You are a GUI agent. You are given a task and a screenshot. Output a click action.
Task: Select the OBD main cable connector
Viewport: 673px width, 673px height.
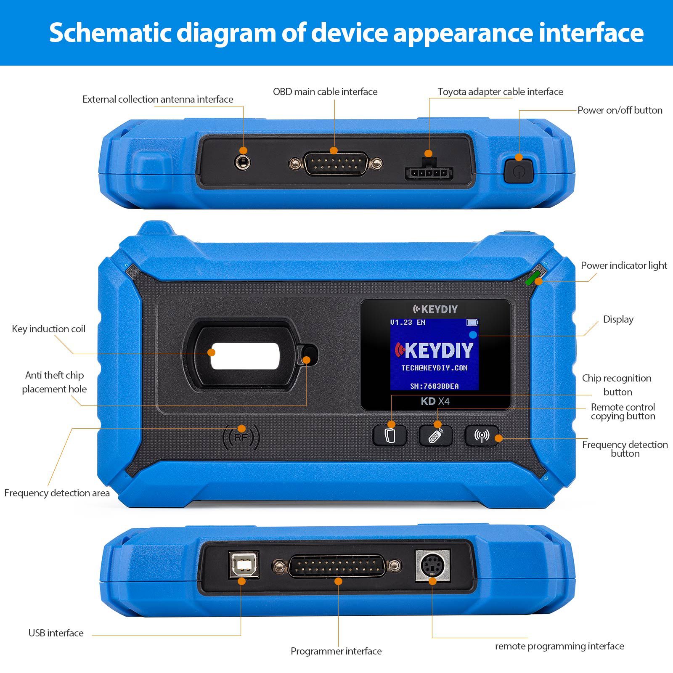(336, 164)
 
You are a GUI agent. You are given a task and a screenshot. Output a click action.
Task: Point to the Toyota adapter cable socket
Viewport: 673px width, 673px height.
(429, 172)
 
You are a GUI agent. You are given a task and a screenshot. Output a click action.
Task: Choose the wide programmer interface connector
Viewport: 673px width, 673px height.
(336, 566)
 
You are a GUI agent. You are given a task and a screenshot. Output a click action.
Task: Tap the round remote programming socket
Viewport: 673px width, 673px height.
(432, 565)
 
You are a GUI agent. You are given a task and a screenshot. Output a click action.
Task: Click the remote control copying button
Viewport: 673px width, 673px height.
(435, 436)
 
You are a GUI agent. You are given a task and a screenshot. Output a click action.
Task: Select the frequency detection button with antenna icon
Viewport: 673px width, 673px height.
(481, 436)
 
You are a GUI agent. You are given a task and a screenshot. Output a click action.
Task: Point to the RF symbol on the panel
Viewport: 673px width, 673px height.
(241, 438)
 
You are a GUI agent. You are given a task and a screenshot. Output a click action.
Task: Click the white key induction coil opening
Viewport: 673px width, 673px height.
(245, 356)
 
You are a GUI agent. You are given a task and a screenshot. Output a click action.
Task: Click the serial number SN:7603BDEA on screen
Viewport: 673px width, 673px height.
(434, 386)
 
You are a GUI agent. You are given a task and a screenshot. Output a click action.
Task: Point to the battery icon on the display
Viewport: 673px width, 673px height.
(472, 323)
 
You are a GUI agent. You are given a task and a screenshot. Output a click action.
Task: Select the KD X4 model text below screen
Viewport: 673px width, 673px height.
(435, 401)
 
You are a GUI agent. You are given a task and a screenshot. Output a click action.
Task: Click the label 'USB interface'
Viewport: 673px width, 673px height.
(56, 633)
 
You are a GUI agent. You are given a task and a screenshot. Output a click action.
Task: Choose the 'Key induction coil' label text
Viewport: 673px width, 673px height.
(48, 329)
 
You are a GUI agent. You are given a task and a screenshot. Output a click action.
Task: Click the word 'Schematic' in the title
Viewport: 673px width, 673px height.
(110, 33)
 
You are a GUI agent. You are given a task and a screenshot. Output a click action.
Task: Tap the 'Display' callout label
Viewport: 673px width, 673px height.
(618, 319)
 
